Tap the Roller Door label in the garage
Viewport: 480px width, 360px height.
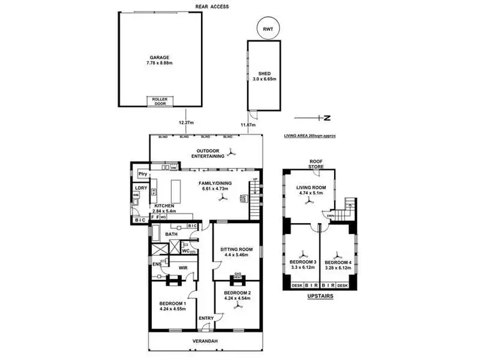157,101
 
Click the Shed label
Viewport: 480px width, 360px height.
264,73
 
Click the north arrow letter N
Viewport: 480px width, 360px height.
326,118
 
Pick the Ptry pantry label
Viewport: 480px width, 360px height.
143,174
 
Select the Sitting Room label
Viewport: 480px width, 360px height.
237,249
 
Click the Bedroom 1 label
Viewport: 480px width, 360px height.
172,302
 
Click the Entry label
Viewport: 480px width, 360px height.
207,318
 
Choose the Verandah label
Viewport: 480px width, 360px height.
205,341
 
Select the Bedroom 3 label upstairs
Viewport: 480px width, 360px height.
303,262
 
